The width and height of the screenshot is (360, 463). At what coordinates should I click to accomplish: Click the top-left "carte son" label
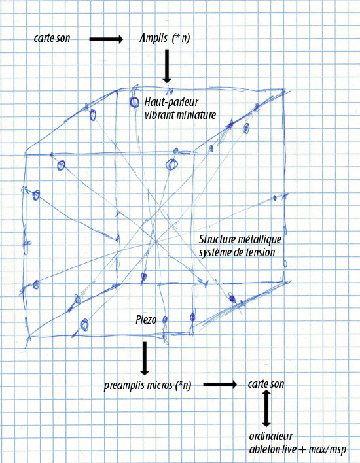pos(52,38)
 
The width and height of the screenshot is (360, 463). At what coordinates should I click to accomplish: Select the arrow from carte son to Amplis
pos(106,39)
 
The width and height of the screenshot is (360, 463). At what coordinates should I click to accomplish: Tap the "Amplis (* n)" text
pos(165,38)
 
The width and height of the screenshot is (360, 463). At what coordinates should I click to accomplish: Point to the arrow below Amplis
pos(167,66)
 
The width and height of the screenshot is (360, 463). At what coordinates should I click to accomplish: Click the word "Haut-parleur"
pos(171,102)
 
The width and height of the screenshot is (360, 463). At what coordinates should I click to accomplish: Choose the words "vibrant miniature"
pos(180,114)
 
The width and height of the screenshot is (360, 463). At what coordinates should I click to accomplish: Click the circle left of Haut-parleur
pos(134,102)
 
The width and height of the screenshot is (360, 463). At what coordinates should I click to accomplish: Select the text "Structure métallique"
pos(240,239)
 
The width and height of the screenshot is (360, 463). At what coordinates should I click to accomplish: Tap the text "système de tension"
pos(237,252)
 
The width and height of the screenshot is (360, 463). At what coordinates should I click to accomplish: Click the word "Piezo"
pos(146,320)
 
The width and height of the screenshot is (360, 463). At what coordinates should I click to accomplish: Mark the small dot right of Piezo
pos(165,319)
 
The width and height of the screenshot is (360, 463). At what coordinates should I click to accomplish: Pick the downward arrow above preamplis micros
pos(145,358)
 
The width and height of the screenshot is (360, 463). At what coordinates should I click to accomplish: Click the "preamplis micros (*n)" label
pos(147,385)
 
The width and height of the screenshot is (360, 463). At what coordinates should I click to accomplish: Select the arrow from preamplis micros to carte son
pos(220,384)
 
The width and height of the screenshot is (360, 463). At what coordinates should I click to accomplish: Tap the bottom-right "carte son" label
pos(266,384)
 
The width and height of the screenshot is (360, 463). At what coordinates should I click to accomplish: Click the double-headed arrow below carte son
pos(266,408)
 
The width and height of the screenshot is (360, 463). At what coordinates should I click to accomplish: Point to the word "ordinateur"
pos(271,436)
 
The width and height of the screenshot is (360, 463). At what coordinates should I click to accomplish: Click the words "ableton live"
pos(272,449)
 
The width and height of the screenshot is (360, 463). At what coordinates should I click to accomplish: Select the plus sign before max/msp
pos(302,450)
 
